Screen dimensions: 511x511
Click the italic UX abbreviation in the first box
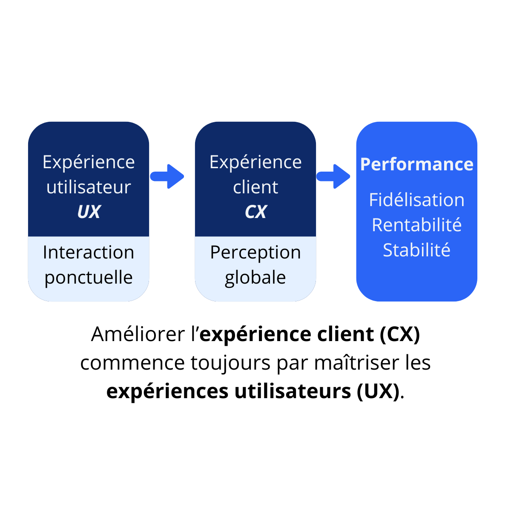pos(89,212)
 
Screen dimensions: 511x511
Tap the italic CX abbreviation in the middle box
pos(255,212)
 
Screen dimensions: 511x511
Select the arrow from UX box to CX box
pos(167,176)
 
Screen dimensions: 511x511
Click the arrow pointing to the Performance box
pos(333,176)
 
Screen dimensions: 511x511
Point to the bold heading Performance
pos(416,164)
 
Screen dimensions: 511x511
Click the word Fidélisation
pos(416,200)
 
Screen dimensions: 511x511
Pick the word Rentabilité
pos(416,225)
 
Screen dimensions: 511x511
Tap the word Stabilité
pos(416,250)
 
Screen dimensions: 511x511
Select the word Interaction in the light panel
pos(89,253)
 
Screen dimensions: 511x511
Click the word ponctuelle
pos(89,278)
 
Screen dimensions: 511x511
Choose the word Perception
pos(255,253)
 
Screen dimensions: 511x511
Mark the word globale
pos(255,278)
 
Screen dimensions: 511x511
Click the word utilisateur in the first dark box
pos(89,187)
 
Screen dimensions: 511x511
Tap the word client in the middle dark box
pos(255,187)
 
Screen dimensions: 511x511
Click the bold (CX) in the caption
pos(399,334)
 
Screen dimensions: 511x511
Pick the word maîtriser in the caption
pos(357,363)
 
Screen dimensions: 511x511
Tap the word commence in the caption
pos(132,363)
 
